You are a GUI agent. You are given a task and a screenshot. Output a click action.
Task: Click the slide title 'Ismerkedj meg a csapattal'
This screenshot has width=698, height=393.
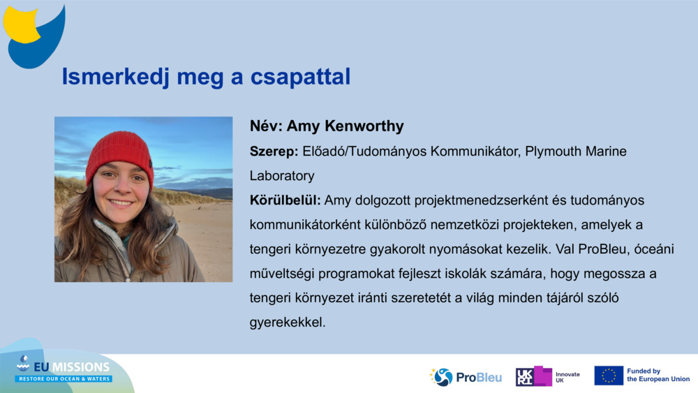(206, 77)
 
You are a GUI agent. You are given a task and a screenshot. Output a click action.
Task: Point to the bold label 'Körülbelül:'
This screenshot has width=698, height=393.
(285, 200)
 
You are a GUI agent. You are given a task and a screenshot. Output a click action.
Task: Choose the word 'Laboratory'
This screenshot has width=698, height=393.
(282, 176)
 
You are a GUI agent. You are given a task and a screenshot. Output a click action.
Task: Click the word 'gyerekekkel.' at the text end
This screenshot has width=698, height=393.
(288, 323)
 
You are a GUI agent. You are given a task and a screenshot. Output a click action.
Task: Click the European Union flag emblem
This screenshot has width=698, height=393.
(609, 376)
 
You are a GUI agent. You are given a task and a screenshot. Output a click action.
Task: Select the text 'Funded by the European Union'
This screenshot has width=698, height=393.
(658, 376)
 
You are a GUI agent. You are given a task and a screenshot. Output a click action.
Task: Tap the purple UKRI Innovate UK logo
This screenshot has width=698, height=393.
(534, 376)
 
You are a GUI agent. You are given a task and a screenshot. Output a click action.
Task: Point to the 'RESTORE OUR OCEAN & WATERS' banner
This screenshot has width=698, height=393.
(64, 378)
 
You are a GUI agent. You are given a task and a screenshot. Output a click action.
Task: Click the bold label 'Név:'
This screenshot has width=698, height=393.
(266, 126)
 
